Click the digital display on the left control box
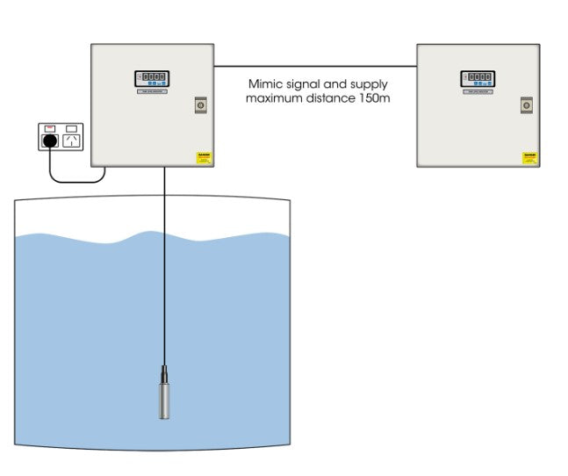pyautogui.click(x=152, y=77)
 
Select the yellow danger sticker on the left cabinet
pyautogui.click(x=205, y=158)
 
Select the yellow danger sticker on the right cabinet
pyautogui.click(x=529, y=158)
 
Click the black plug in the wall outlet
pyautogui.click(x=51, y=141)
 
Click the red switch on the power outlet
pyautogui.click(x=50, y=127)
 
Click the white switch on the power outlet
pyautogui.click(x=72, y=127)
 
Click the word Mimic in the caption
pyautogui.click(x=265, y=84)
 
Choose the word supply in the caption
pyautogui.click(x=369, y=84)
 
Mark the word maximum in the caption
pyautogui.click(x=276, y=98)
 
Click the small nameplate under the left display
pyautogui.click(x=152, y=90)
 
